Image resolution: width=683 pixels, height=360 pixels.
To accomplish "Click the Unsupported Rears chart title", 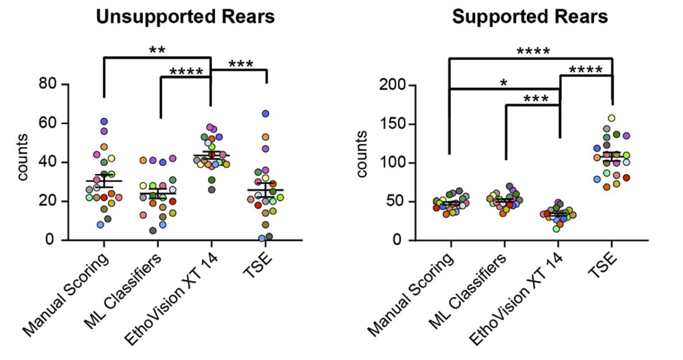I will (185, 18).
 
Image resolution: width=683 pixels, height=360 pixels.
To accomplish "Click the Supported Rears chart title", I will (529, 18).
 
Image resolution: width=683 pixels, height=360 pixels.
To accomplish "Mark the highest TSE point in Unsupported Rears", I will (265, 113).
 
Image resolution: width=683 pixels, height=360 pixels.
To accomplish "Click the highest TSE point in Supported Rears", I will (612, 118).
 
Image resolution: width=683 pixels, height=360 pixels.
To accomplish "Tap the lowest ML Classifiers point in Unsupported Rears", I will (153, 230).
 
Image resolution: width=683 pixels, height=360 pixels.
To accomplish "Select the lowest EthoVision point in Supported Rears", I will (556, 229).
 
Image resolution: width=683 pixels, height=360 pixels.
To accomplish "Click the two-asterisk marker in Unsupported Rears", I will (157, 50).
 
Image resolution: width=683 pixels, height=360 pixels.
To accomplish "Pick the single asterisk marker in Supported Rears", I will (504, 83).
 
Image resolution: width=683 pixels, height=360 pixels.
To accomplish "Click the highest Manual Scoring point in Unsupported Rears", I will (104, 122).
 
